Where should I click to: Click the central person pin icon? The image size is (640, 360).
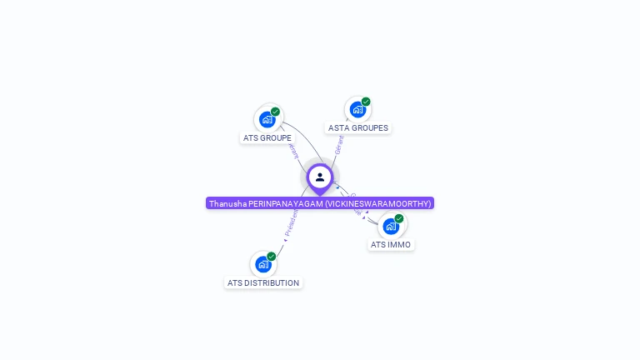(x=320, y=177)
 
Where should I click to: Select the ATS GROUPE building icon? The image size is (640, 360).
(x=267, y=119)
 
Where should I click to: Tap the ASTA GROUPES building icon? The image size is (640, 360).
(x=357, y=109)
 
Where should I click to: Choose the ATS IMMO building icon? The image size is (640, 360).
(x=391, y=226)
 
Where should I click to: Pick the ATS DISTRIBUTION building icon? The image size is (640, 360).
(x=263, y=264)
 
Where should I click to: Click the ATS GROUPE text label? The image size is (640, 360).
(x=267, y=137)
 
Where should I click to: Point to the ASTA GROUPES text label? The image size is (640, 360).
(x=358, y=128)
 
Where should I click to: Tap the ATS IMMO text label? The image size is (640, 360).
(x=391, y=245)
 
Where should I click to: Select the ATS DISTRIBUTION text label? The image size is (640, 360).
(x=263, y=283)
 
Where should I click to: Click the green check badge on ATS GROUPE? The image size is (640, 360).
(x=275, y=112)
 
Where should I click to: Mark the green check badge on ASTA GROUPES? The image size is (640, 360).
(x=366, y=102)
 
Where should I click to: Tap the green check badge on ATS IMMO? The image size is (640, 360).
(x=399, y=218)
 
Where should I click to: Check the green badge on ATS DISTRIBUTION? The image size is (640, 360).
(x=272, y=257)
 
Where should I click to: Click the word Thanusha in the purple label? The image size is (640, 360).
(x=227, y=203)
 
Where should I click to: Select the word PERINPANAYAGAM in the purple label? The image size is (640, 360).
(x=285, y=203)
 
